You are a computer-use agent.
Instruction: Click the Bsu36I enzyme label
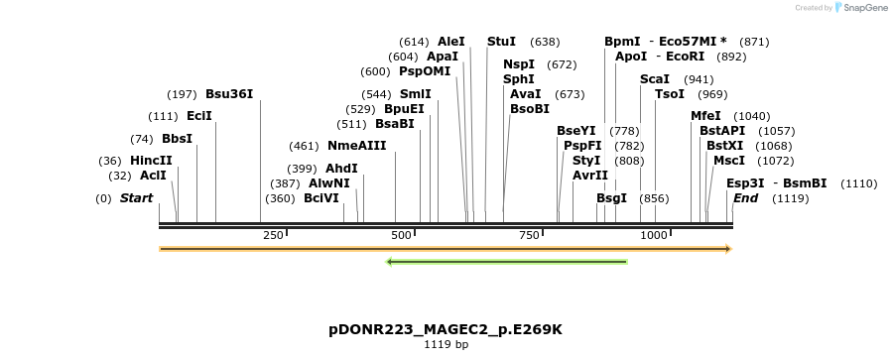click(x=229, y=94)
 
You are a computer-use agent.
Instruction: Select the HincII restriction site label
click(x=151, y=160)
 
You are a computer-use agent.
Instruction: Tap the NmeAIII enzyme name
click(x=356, y=146)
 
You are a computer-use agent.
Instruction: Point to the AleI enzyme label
click(x=450, y=42)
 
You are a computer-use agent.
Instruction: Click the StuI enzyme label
click(x=501, y=42)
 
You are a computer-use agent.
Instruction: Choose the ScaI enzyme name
click(x=655, y=78)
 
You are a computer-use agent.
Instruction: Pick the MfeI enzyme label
click(x=705, y=116)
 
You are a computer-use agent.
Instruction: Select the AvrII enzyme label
click(x=590, y=175)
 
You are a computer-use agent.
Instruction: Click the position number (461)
click(x=305, y=146)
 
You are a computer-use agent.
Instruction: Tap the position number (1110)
click(x=859, y=183)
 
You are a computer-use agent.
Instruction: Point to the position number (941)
click(x=699, y=79)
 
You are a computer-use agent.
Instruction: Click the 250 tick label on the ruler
click(x=273, y=235)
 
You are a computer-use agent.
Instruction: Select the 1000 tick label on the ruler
click(x=654, y=235)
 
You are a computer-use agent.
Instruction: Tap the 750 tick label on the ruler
click(x=528, y=235)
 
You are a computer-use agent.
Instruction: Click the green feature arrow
click(x=506, y=262)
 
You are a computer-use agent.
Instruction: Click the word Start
click(x=136, y=198)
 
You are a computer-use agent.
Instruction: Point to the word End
click(x=745, y=198)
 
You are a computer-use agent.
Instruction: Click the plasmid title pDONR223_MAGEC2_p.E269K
click(x=446, y=328)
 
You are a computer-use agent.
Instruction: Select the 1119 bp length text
click(x=446, y=345)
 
